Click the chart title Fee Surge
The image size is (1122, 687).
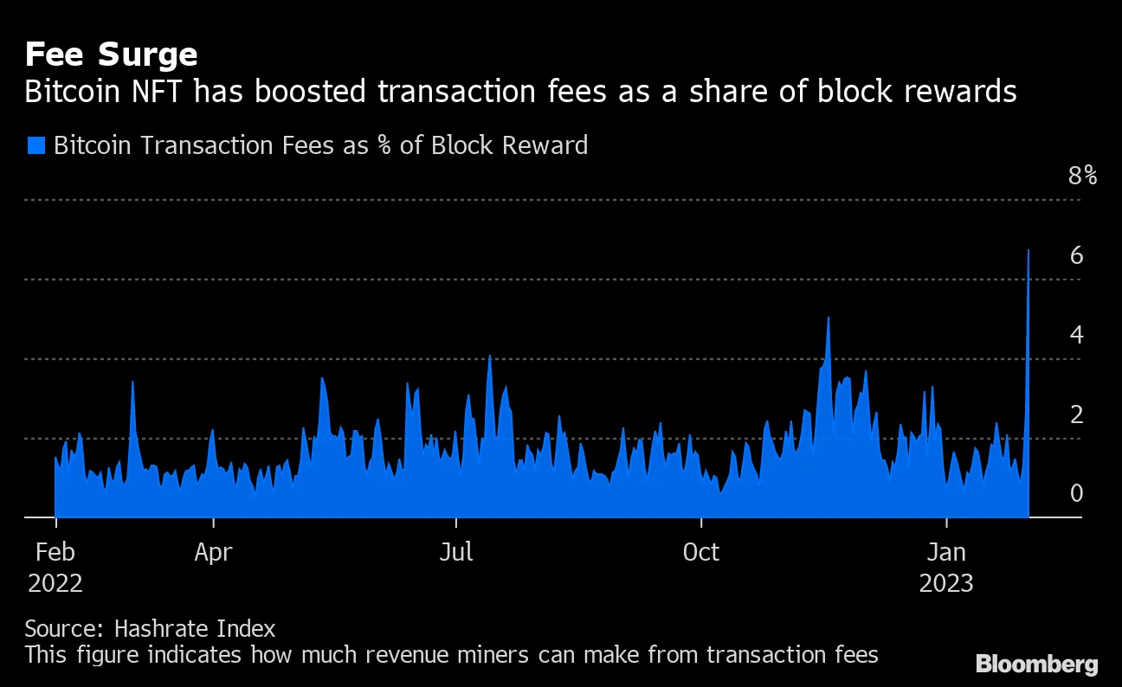[111, 55]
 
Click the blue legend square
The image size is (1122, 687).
[35, 144]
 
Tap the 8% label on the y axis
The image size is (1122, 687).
[1082, 177]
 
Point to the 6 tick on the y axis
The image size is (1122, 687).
[1076, 255]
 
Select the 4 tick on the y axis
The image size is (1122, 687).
[1076, 335]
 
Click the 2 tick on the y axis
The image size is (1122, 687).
[1076, 414]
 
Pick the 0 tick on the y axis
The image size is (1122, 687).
[1076, 493]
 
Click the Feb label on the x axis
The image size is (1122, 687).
[55, 552]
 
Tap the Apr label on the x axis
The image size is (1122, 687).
[213, 552]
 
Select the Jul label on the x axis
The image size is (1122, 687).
[455, 552]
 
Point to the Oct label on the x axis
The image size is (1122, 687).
[700, 552]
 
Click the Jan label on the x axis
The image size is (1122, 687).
[946, 552]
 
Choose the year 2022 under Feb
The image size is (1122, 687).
[55, 583]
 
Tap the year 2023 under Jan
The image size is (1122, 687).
[946, 583]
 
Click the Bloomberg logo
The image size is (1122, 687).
[1036, 665]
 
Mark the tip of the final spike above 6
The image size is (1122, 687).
[1028, 250]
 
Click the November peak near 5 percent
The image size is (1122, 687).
[828, 318]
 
